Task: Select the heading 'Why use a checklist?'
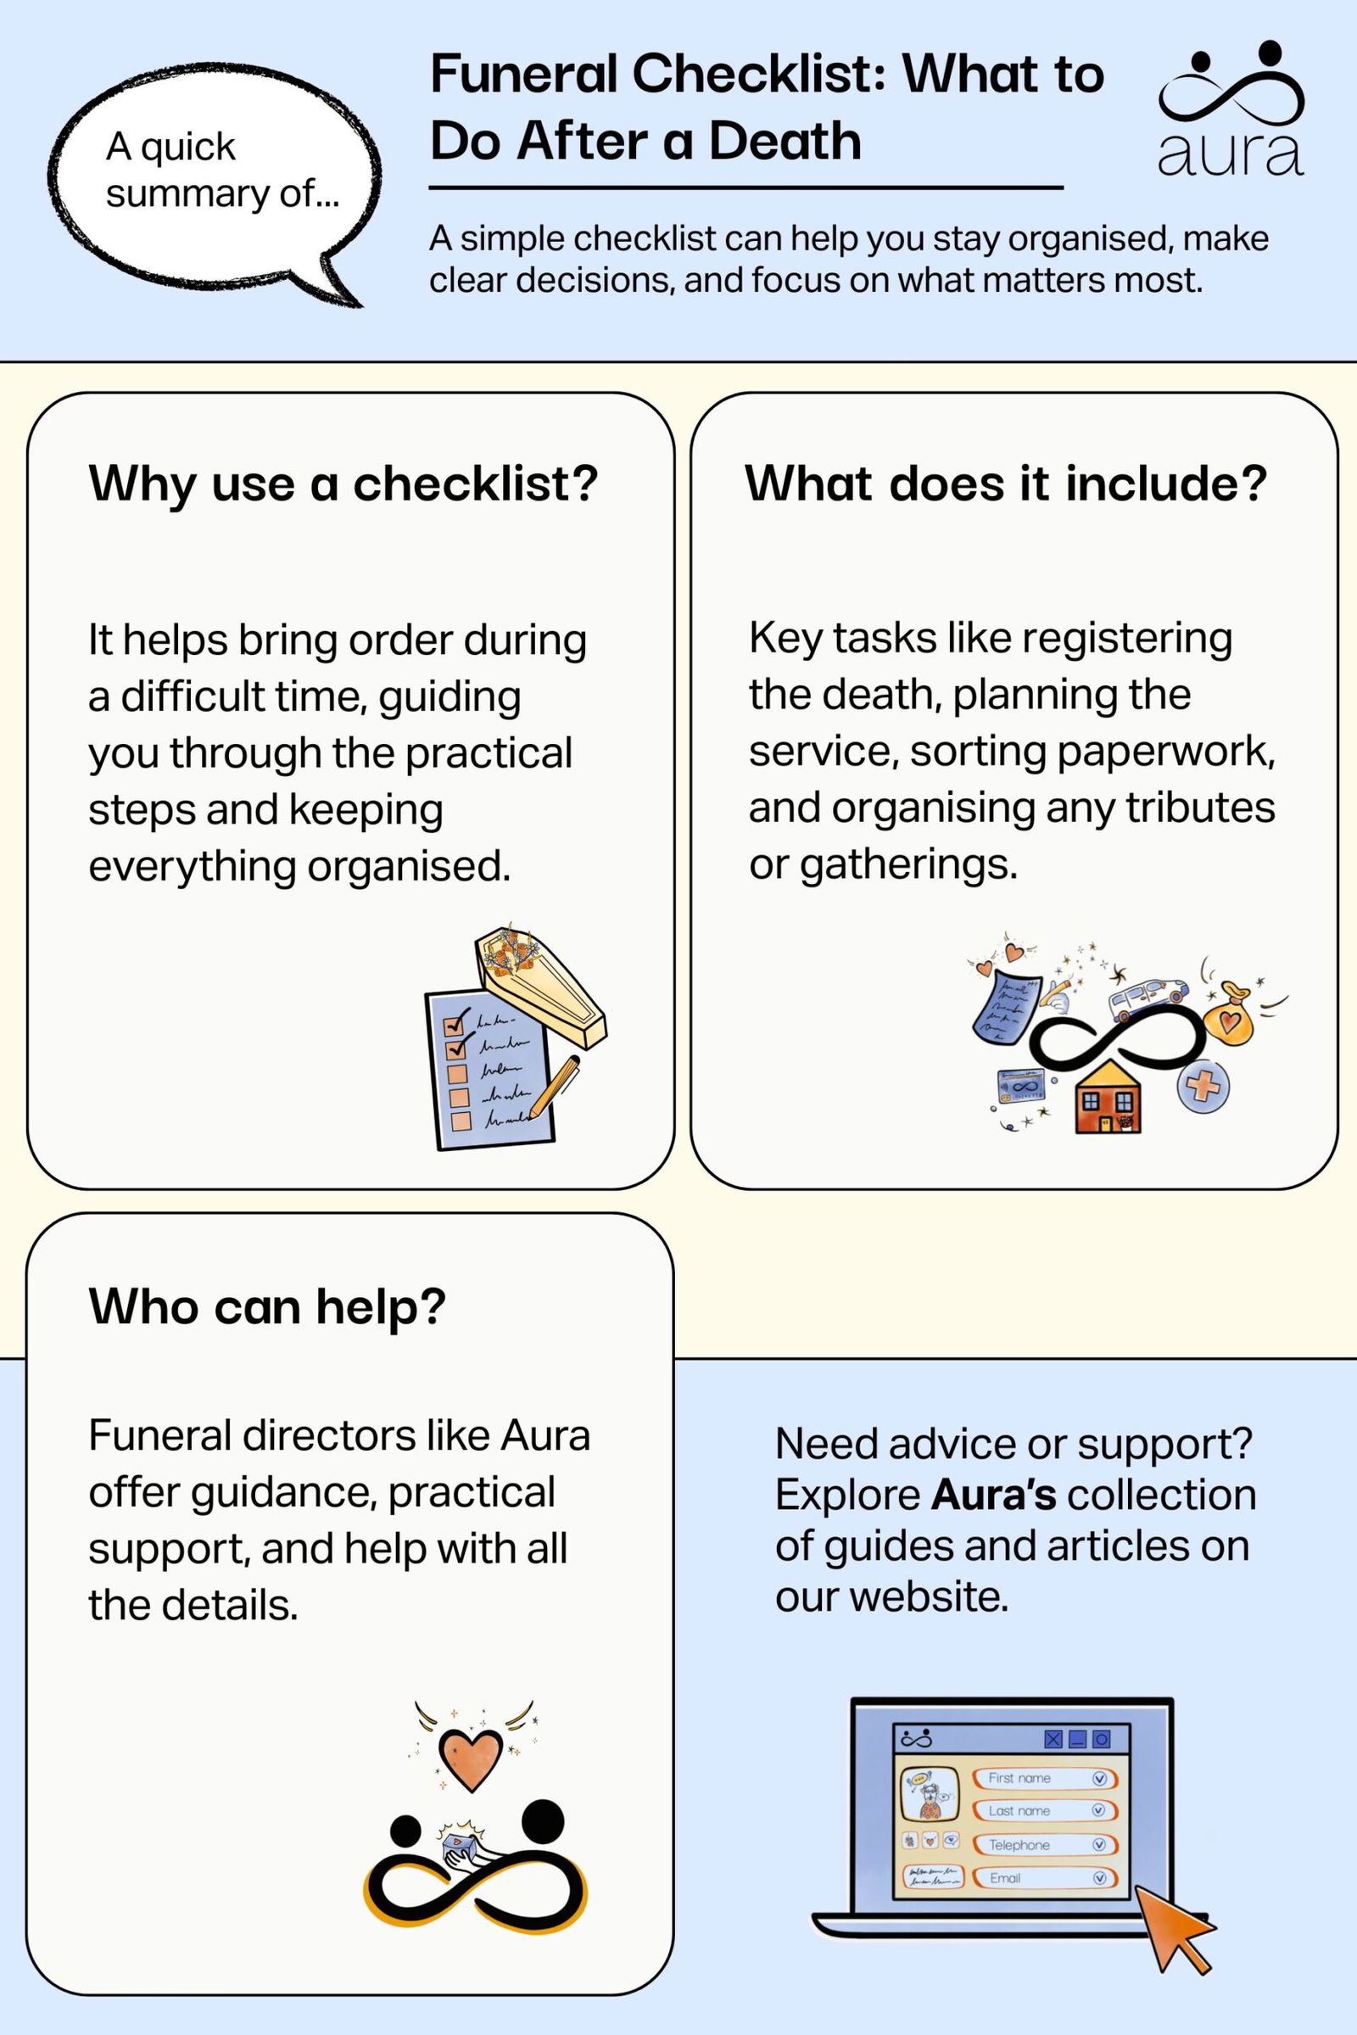[x=343, y=483]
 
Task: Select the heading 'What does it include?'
[x=1006, y=483]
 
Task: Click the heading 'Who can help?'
[x=266, y=1306]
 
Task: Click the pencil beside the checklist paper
[x=555, y=1085]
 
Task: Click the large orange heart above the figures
[x=470, y=1758]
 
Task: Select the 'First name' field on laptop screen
[x=1044, y=1778]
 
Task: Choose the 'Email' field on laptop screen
[x=1044, y=1877]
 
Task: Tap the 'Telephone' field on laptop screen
[x=1044, y=1845]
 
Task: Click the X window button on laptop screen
[x=1053, y=1739]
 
